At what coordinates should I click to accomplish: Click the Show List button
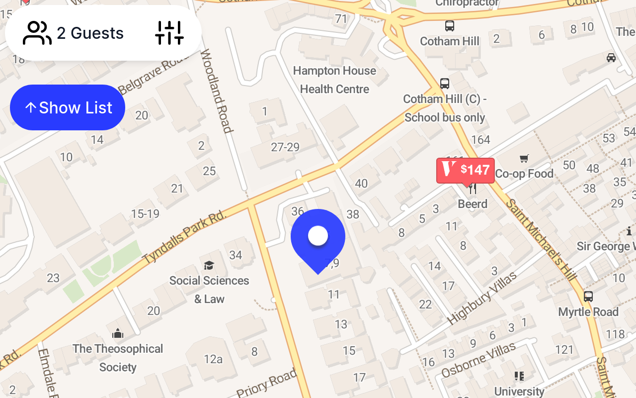pyautogui.click(x=68, y=107)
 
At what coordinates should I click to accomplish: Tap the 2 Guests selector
pyautogui.click(x=74, y=33)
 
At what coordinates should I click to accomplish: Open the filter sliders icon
pyautogui.click(x=169, y=33)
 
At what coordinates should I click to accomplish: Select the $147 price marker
pyautogui.click(x=466, y=170)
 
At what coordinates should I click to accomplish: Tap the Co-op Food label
pyautogui.click(x=524, y=174)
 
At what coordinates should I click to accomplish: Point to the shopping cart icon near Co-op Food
pyautogui.click(x=524, y=159)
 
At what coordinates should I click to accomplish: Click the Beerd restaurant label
pyautogui.click(x=473, y=204)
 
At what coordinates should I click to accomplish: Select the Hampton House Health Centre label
pyautogui.click(x=334, y=80)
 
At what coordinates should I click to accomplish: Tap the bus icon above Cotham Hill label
pyautogui.click(x=450, y=26)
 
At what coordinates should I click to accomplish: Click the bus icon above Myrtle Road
pyautogui.click(x=588, y=297)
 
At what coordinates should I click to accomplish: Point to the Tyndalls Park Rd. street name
pyautogui.click(x=184, y=237)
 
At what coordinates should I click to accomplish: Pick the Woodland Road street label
pyautogui.click(x=217, y=92)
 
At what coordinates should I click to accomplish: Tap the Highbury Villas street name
pyautogui.click(x=482, y=298)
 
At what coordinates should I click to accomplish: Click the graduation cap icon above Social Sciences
pyautogui.click(x=209, y=265)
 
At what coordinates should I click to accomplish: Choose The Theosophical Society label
pyautogui.click(x=118, y=358)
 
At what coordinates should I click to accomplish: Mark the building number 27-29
pyautogui.click(x=285, y=147)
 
